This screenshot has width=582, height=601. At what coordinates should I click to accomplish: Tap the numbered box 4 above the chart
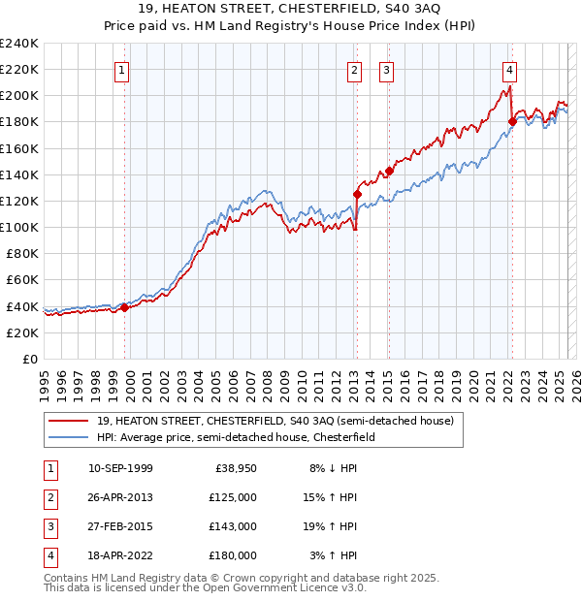tap(509, 69)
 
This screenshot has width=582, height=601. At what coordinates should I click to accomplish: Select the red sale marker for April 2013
tap(357, 194)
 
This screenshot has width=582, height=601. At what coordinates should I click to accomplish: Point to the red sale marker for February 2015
tap(389, 171)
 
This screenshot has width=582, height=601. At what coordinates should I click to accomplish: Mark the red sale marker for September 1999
tap(124, 307)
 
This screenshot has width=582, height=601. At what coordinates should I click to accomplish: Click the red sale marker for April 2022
tap(511, 122)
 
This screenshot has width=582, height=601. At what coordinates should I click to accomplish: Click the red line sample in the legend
tap(68, 421)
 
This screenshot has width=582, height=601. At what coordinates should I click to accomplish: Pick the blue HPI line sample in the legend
tap(68, 437)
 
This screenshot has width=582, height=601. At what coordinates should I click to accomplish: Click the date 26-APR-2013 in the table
tap(120, 497)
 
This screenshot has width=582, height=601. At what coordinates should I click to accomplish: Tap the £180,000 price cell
tap(232, 555)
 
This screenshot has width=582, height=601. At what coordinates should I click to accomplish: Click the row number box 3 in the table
tap(48, 526)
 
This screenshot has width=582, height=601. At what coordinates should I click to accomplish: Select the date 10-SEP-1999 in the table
tap(120, 468)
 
